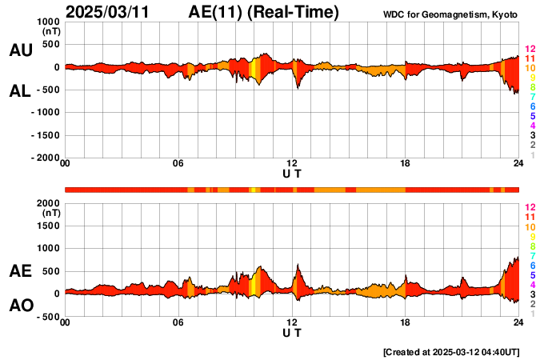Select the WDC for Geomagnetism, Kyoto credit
[x=450, y=15]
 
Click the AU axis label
[x=20, y=50]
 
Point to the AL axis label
[x=20, y=91]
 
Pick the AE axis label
[x=20, y=271]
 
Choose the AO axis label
[x=20, y=306]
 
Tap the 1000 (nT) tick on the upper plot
[x=49, y=22]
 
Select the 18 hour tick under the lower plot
[x=406, y=322]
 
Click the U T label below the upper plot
[x=292, y=173]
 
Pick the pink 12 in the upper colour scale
[x=530, y=50]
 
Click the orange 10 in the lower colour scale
[x=530, y=227]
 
